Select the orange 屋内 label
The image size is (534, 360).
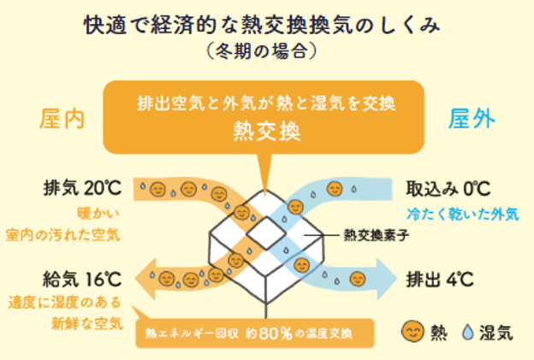pos(61,120)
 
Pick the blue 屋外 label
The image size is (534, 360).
pos(472,120)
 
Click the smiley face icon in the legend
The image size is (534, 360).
pos(412,331)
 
